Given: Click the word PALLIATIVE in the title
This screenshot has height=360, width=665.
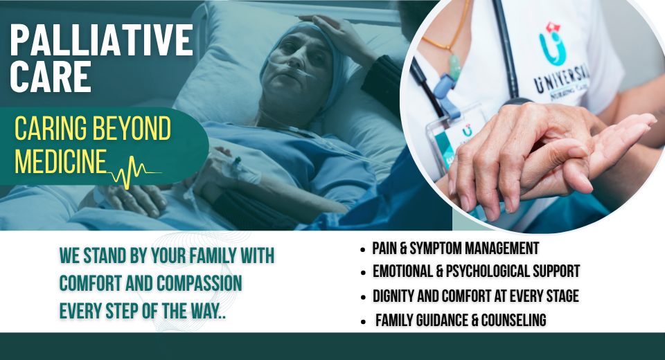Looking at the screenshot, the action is [102, 40].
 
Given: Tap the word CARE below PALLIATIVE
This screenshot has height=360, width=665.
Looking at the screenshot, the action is [51, 77].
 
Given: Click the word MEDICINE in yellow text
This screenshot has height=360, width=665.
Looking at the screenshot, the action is [61, 161].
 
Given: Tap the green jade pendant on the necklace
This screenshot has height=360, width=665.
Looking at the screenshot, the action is [454, 67].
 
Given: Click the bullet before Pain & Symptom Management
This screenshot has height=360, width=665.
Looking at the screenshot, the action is [362, 250].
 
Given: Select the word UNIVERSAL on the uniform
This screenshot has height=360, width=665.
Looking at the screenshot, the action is [560, 80].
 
